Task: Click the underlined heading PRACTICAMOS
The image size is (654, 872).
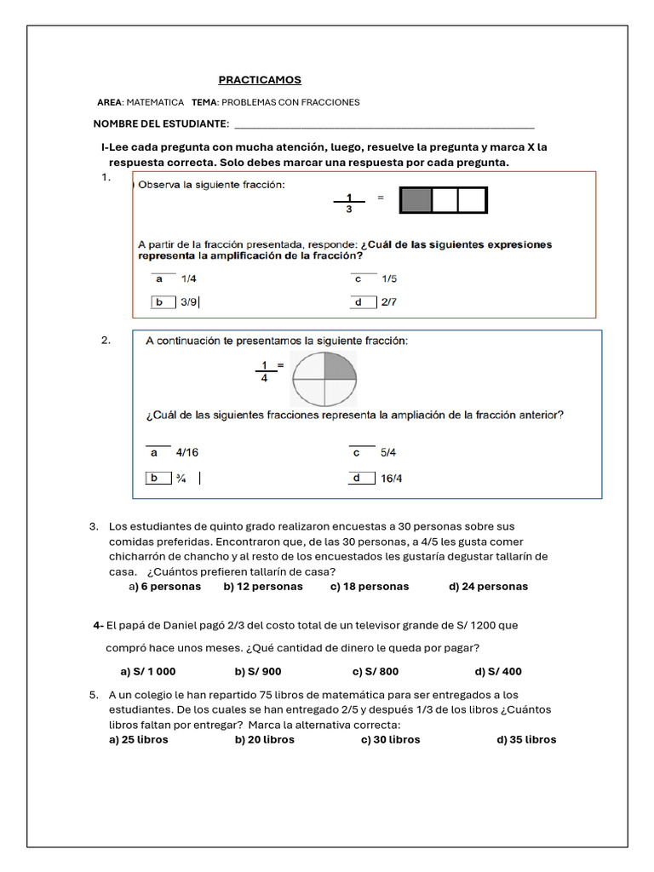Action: click(260, 80)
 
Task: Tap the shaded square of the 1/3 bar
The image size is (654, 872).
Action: click(416, 200)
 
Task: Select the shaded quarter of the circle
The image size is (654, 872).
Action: click(340, 366)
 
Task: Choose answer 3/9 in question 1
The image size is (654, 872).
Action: click(189, 301)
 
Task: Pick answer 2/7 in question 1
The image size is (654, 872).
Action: click(389, 301)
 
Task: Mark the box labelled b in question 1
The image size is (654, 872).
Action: click(159, 301)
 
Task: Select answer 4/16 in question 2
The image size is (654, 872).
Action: click(186, 453)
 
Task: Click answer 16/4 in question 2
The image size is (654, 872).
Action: click(392, 479)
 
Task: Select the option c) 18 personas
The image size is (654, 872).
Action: click(370, 586)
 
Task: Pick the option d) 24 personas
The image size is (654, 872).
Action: click(488, 586)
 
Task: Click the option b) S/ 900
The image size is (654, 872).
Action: click(258, 671)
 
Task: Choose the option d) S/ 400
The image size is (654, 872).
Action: click(498, 671)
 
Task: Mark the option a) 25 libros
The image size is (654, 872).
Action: click(139, 739)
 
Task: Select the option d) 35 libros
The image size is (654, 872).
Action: click(526, 739)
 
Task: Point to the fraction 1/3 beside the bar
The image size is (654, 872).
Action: click(349, 203)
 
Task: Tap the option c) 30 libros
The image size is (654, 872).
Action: click(390, 739)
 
